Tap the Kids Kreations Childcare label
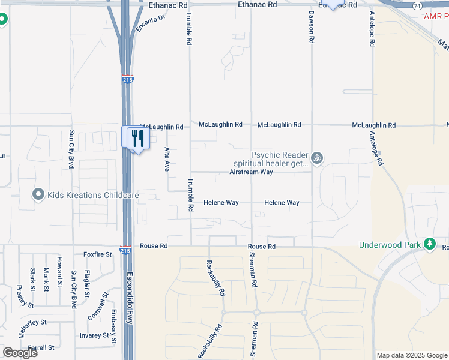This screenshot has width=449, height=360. click(93, 195)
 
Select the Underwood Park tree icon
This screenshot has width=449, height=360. click(429, 244)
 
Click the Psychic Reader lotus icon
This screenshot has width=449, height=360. click(317, 158)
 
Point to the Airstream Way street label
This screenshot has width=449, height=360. click(251, 172)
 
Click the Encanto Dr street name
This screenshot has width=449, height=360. click(150, 23)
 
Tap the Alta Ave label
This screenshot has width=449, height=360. click(167, 159)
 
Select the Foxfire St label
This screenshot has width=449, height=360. click(98, 254)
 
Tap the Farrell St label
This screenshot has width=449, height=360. click(41, 347)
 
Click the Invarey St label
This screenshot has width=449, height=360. click(96, 336)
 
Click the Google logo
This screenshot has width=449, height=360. click(19, 353)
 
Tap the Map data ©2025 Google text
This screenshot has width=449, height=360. click(412, 355)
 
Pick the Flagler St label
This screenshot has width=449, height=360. click(86, 284)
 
